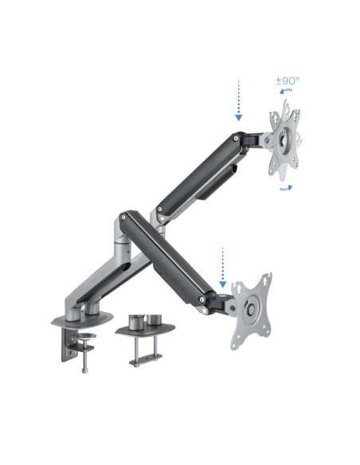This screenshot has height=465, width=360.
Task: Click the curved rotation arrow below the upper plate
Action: click(285, 188)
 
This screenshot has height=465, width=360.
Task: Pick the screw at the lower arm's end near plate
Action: click(205, 298)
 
